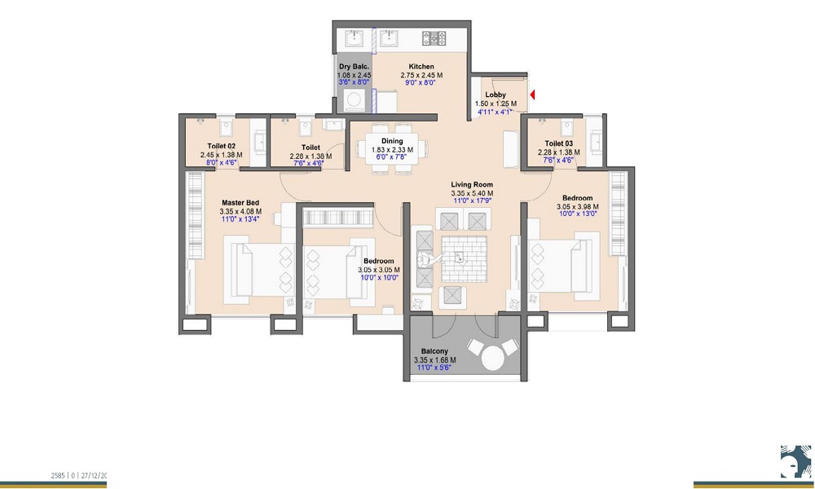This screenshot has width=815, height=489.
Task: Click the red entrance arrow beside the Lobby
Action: (531, 95)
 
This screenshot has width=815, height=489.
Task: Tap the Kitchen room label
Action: (421, 67)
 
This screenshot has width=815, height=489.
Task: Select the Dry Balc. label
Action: (355, 67)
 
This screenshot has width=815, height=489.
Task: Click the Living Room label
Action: (473, 185)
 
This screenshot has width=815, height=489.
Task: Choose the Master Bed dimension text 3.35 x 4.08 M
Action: (241, 211)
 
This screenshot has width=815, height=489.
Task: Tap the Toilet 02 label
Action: (222, 144)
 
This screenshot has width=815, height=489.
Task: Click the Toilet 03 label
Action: (559, 143)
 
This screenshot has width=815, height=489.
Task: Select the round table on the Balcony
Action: (493, 359)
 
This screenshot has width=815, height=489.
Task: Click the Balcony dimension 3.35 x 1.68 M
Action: (434, 360)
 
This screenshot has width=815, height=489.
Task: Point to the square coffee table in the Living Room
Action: (463, 258)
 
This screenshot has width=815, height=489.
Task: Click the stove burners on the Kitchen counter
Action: (431, 37)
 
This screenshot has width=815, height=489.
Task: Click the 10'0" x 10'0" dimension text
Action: (378, 278)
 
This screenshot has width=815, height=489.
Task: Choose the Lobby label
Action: (496, 95)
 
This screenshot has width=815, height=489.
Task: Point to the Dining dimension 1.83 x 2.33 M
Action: (392, 150)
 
